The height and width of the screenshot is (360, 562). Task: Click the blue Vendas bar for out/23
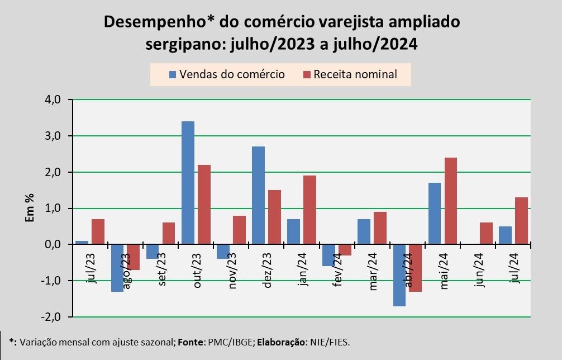click(188, 183)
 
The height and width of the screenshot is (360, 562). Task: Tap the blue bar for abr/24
click(399, 275)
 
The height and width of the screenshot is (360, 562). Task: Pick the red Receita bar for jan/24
click(309, 210)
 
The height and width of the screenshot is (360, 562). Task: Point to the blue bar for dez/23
click(258, 196)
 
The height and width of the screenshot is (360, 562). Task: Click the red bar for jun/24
click(486, 234)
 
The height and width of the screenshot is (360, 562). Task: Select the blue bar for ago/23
click(117, 268)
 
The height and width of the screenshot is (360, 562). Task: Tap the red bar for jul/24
click(521, 221)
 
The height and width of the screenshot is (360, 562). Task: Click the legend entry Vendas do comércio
click(226, 74)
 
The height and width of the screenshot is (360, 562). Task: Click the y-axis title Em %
click(30, 208)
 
